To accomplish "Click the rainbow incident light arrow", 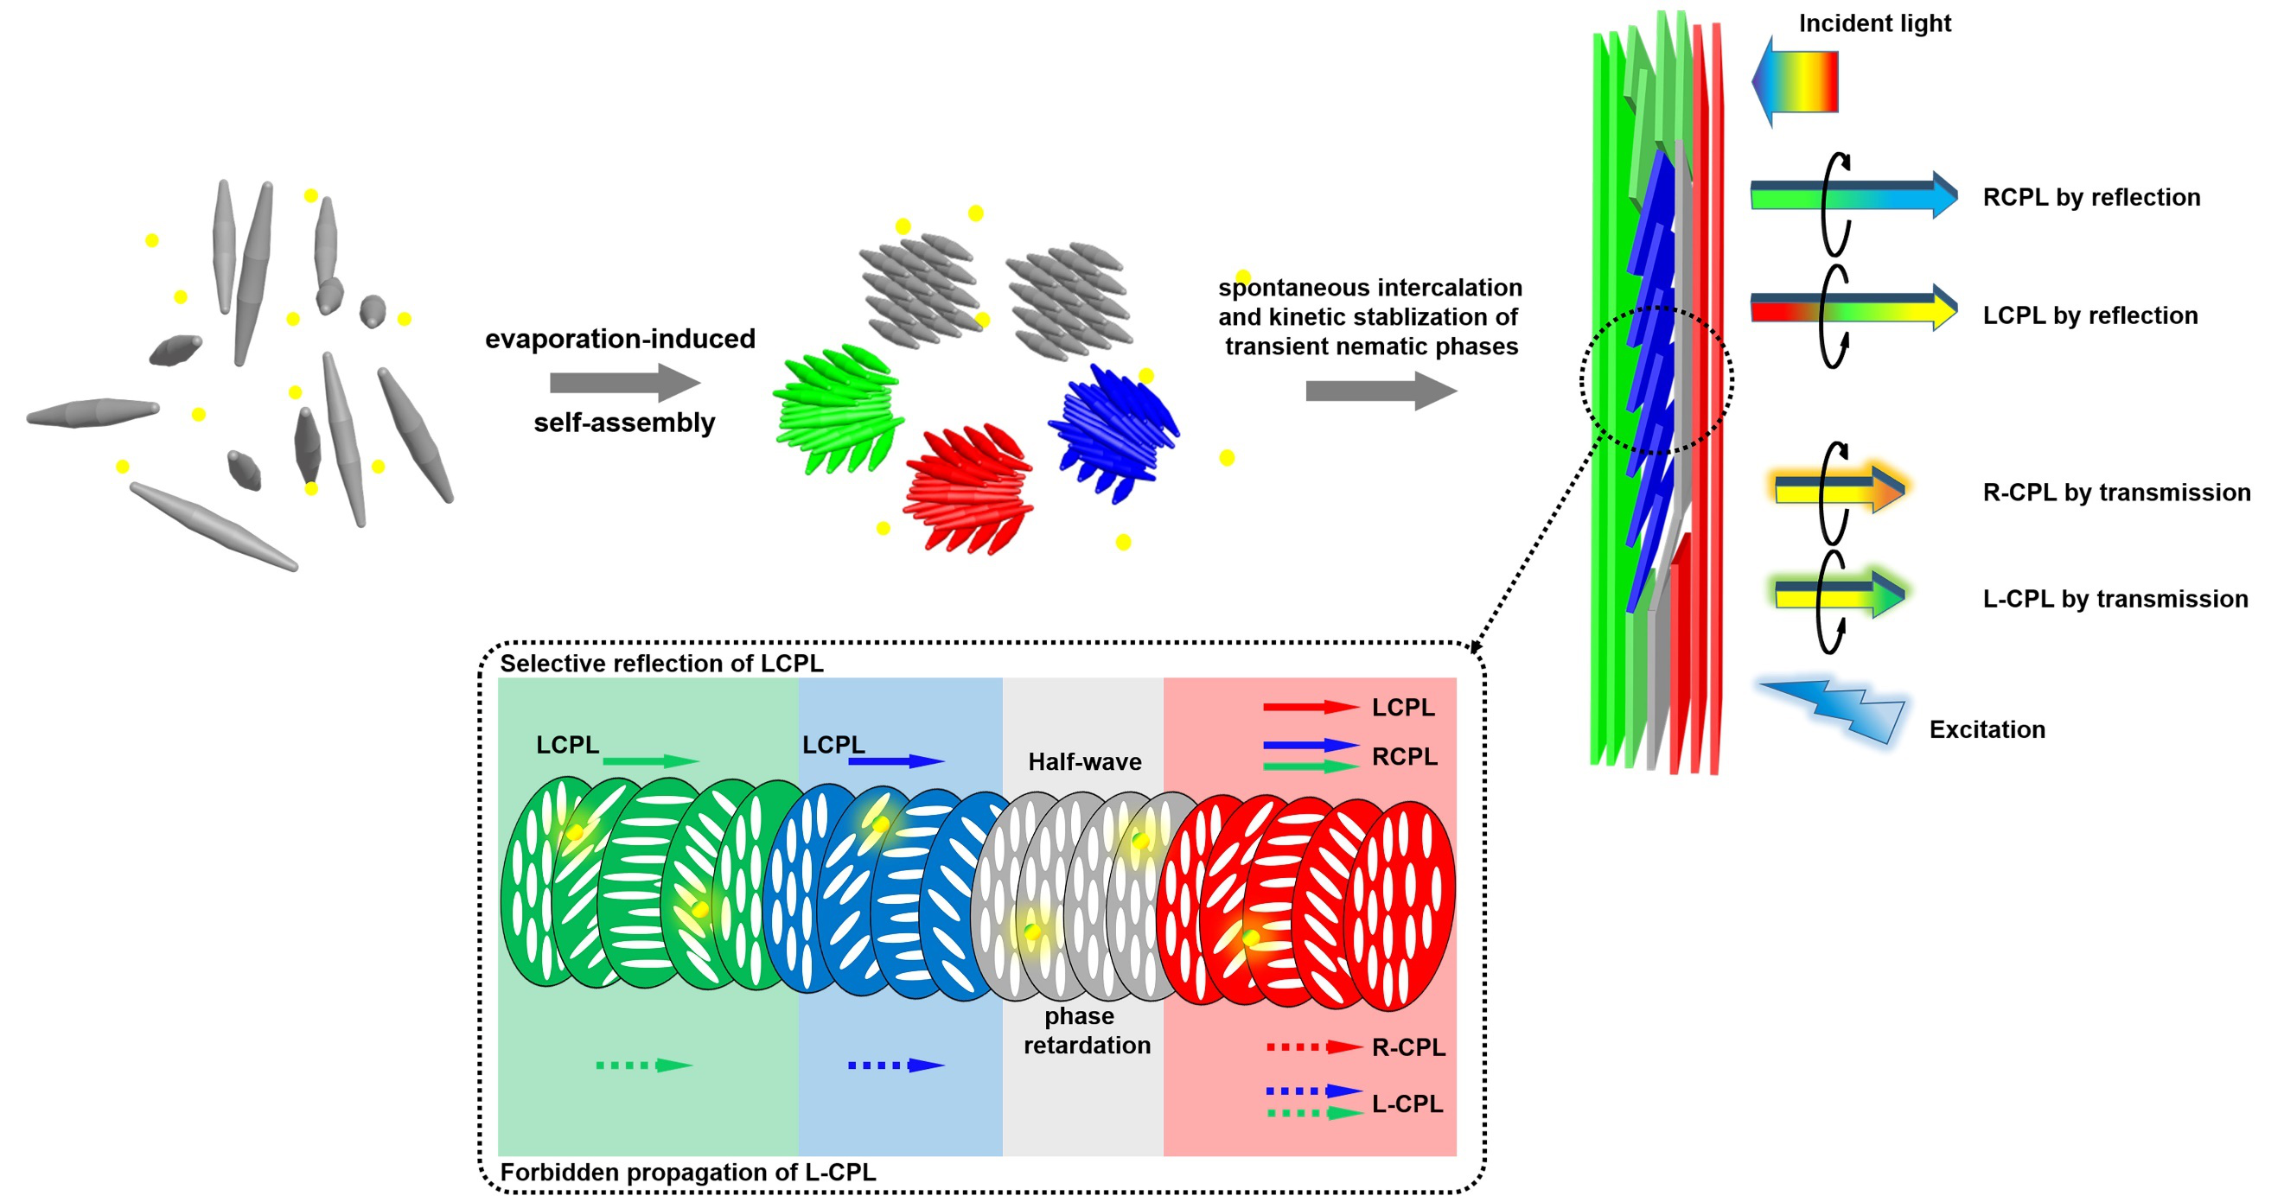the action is pyautogui.click(x=1795, y=81).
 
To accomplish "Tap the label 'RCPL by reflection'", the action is pyautogui.click(x=2091, y=197).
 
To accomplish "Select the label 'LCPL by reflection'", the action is pyautogui.click(x=2089, y=315).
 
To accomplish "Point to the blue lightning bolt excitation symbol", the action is pyautogui.click(x=1833, y=711).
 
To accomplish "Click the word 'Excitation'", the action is pyautogui.click(x=1987, y=729).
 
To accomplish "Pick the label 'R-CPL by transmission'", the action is pyautogui.click(x=2116, y=492).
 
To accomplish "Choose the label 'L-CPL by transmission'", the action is pyautogui.click(x=2115, y=599).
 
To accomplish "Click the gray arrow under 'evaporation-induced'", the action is pyautogui.click(x=625, y=383).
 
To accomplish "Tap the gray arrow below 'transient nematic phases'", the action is pyautogui.click(x=1381, y=391).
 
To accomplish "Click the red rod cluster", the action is pyautogui.click(x=968, y=490).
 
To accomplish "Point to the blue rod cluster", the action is pyautogui.click(x=1113, y=433).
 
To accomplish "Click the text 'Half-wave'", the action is pyautogui.click(x=1084, y=761).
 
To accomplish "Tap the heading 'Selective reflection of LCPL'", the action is pyautogui.click(x=661, y=663).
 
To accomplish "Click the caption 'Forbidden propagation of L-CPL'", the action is pyautogui.click(x=688, y=1172).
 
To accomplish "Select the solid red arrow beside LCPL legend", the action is pyautogui.click(x=1311, y=707).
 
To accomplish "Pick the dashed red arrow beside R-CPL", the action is pyautogui.click(x=1315, y=1046).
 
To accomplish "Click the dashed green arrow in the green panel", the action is pyautogui.click(x=645, y=1065).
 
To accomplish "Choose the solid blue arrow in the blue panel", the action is pyautogui.click(x=896, y=760).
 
